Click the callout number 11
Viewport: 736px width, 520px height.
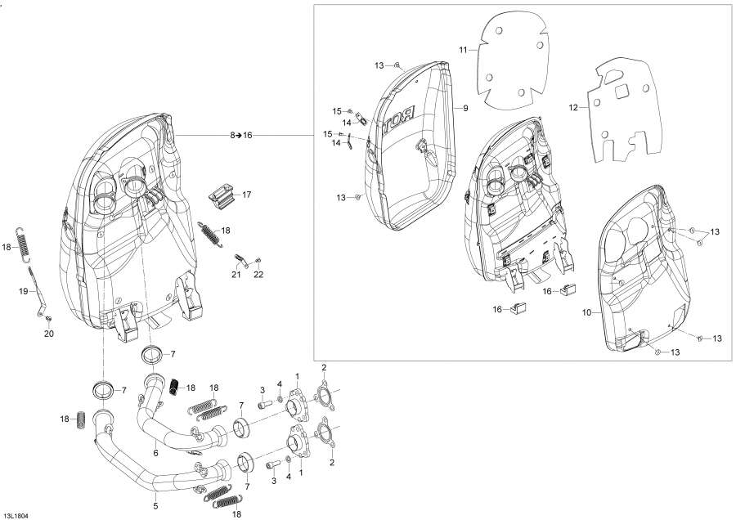(x=462, y=50)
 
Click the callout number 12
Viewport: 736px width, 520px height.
(x=573, y=107)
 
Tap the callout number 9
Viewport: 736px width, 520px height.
(x=464, y=108)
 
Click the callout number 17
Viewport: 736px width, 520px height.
(x=246, y=195)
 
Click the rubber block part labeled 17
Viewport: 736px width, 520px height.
(x=221, y=195)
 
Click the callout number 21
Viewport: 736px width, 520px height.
(x=236, y=275)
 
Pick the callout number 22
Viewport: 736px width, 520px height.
(x=258, y=275)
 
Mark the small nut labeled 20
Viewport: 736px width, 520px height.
(x=48, y=318)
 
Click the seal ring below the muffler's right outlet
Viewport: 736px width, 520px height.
(x=152, y=355)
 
